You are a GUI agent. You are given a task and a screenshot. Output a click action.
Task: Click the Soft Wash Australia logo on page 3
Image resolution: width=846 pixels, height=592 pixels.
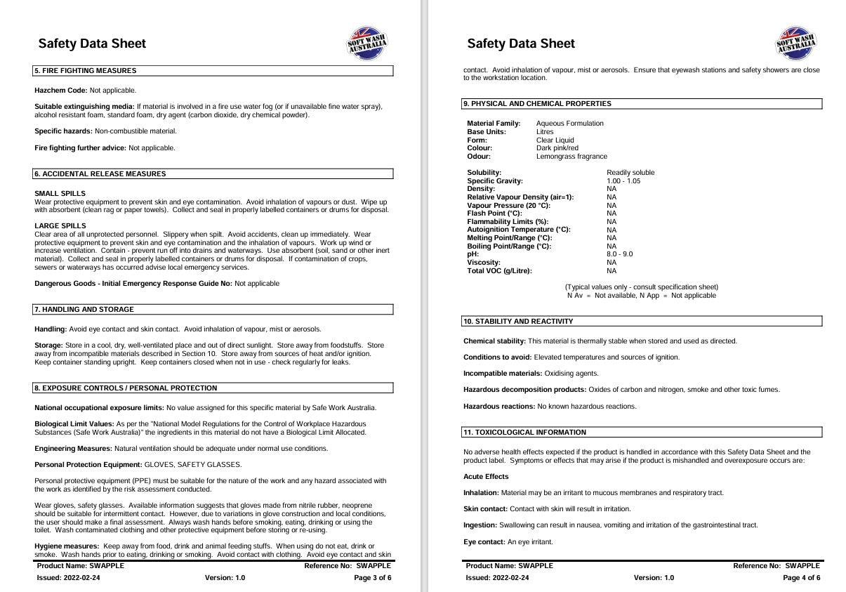click(368, 44)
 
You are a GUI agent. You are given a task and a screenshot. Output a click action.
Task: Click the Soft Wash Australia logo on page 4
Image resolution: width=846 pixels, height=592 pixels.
click(796, 44)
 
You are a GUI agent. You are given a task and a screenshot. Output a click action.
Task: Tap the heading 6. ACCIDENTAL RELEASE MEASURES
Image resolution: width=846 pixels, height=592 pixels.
click(100, 174)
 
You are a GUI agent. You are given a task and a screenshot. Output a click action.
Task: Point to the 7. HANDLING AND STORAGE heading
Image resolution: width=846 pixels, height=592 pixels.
click(84, 310)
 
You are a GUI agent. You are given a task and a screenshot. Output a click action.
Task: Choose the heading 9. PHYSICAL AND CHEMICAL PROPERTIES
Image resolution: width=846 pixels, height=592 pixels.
click(536, 104)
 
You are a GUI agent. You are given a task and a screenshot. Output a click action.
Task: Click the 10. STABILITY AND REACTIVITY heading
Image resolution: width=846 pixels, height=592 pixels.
click(517, 322)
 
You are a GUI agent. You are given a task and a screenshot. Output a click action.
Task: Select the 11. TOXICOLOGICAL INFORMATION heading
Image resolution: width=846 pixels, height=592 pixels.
click(524, 433)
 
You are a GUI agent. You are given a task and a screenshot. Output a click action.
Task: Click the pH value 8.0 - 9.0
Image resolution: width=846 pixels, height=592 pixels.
click(619, 254)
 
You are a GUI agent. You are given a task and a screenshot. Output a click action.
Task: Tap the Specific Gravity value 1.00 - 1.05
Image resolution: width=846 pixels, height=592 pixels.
click(623, 181)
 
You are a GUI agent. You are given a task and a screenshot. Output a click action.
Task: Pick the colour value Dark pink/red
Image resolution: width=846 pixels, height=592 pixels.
click(557, 148)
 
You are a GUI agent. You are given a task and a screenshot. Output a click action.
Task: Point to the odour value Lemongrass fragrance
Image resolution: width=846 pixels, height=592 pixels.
click(571, 157)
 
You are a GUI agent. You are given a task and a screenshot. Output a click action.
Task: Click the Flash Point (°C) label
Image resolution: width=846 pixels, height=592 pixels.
click(494, 213)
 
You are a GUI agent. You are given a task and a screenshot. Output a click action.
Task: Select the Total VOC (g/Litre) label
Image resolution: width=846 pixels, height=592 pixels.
click(499, 270)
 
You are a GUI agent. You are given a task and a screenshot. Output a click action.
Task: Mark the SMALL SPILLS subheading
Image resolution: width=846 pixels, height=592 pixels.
click(60, 193)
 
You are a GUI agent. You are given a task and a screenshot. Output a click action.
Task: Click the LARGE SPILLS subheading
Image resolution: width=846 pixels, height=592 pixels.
click(60, 226)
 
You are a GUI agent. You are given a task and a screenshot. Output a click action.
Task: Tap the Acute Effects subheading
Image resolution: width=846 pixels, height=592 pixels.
click(486, 477)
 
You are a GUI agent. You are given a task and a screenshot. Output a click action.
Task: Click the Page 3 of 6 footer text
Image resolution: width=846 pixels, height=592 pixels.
click(372, 578)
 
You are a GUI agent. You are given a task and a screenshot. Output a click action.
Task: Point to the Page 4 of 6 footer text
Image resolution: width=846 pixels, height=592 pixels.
click(801, 578)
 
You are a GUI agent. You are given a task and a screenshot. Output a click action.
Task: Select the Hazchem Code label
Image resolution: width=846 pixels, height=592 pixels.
click(60, 91)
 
